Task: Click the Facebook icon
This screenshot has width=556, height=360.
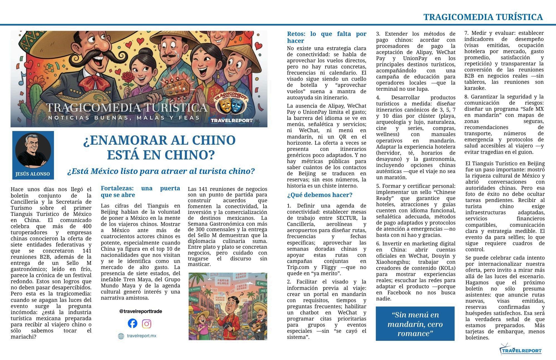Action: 133,323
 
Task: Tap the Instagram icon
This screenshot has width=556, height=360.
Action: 147,324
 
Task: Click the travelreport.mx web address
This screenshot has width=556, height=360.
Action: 141,336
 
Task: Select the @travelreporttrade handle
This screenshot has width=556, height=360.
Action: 140,311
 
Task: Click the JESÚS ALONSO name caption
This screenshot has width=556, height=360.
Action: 33,174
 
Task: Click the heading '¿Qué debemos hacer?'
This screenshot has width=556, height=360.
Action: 319,195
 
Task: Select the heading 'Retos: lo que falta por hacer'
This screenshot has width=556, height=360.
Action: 326,37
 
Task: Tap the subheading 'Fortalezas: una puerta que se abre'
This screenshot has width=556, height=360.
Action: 140,192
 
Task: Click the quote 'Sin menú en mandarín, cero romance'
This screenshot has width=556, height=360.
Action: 415,324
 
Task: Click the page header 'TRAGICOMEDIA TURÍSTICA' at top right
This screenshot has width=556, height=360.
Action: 483,17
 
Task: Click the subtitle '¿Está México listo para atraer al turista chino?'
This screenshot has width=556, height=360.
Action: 161,171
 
